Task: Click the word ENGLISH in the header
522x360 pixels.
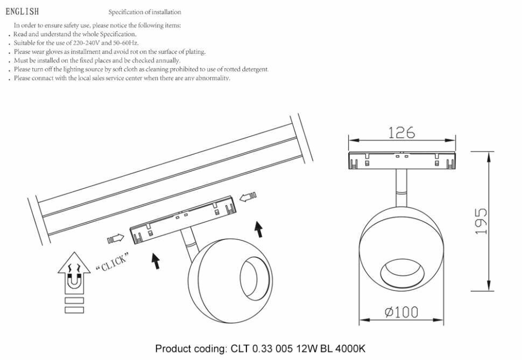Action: point(22,12)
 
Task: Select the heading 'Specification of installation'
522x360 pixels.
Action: point(145,12)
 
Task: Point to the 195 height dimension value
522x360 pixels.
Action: point(482,221)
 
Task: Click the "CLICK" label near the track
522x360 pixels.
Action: point(111,263)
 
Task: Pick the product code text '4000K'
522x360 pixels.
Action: point(350,349)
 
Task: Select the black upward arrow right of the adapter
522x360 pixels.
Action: point(259,229)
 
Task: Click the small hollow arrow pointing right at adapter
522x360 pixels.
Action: point(116,238)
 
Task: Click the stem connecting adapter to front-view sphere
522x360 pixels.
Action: point(401,186)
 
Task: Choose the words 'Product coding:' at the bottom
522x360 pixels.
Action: point(191,349)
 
